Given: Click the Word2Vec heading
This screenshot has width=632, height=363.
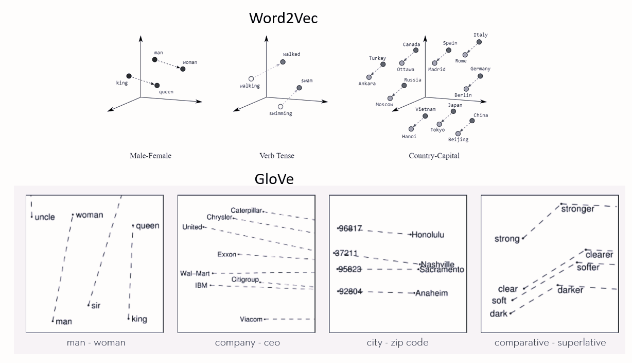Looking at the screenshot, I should click(283, 18).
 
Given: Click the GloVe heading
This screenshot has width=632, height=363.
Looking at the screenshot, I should click(274, 179).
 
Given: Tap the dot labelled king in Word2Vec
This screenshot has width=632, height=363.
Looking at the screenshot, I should click(129, 76).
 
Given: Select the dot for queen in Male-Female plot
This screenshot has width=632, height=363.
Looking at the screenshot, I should click(157, 85).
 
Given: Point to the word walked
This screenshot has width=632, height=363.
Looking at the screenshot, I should click(291, 54).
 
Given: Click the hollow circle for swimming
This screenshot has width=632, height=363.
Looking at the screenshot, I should click(280, 107).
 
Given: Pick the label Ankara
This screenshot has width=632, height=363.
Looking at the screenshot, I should click(367, 84).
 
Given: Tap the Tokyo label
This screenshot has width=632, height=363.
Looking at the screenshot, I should click(437, 130).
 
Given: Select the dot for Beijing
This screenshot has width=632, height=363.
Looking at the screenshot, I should click(458, 134).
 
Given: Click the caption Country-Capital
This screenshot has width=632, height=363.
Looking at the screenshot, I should click(434, 156).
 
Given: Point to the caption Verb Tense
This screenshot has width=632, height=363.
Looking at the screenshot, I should click(277, 156).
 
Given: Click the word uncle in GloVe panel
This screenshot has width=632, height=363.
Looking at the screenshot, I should click(45, 217).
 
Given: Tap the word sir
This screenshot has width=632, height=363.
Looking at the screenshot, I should click(96, 306).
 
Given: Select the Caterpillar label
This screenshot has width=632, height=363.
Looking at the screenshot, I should click(247, 210).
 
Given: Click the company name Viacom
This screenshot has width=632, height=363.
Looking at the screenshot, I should click(251, 320).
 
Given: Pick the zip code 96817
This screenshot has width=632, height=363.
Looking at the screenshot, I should click(351, 228).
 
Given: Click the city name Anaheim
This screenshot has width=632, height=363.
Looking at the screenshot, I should click(432, 293).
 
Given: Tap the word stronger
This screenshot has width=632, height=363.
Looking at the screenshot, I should click(577, 209).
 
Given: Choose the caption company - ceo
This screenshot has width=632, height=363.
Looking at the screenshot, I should click(248, 342).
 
